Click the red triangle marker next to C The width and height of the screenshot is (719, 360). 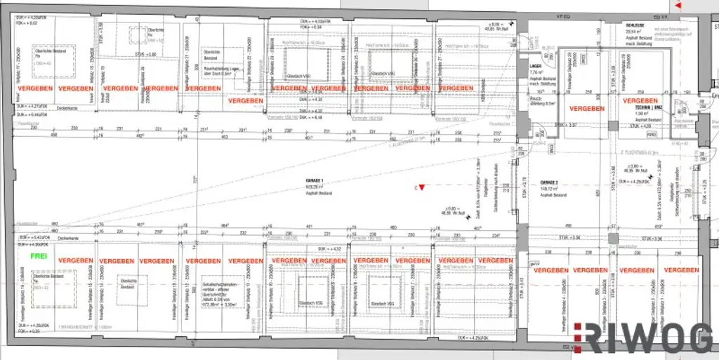[423, 186]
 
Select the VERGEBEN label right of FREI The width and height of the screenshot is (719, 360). [76, 260]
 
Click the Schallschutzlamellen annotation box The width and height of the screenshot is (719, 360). [223, 285]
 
